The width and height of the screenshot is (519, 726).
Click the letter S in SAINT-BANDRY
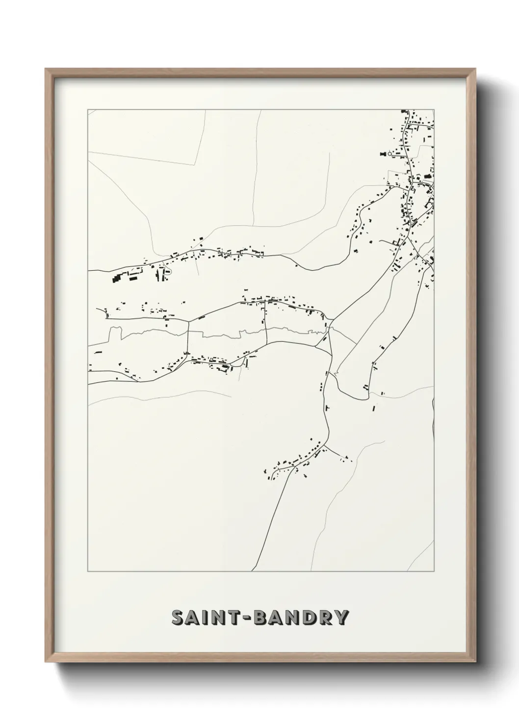click(178, 618)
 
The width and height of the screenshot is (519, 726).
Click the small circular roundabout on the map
click(390, 154)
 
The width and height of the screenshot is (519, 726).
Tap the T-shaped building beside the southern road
click(327, 407)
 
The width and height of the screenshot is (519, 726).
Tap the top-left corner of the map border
click(88, 110)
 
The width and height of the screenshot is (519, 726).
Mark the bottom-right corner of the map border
click(435, 571)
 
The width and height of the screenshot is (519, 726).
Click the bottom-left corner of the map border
click(88, 571)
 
